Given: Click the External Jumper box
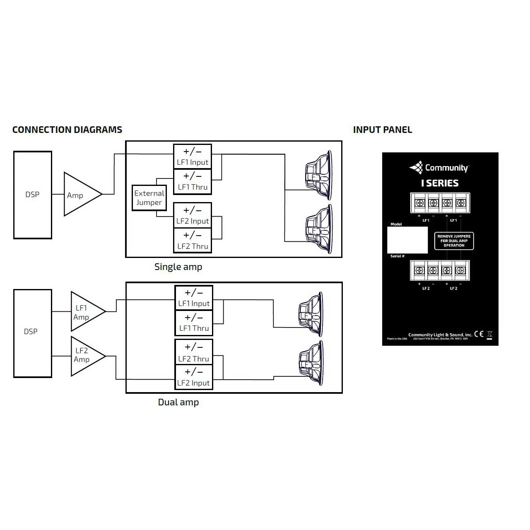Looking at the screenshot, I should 149,198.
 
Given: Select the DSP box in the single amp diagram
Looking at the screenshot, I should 33,195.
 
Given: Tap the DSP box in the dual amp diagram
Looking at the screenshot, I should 33,333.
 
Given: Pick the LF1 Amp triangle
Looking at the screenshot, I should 85,312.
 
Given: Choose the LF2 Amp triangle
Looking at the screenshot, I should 85,356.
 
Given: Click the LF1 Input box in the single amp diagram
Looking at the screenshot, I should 193,157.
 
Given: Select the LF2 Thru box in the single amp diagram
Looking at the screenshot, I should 193,241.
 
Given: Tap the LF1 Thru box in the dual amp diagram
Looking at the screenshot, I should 194,323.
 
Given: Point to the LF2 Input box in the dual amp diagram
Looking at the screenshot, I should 194,377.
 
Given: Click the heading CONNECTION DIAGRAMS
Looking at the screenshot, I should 67,130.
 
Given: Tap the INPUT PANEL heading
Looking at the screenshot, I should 382,130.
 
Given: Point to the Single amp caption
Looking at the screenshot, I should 178,267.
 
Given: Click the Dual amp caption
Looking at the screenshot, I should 178,402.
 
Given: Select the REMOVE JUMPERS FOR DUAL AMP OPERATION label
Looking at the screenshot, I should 454,241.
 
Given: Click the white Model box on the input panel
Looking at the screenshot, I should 407,240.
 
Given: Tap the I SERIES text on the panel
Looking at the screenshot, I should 440,183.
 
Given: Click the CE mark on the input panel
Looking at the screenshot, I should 479,334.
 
